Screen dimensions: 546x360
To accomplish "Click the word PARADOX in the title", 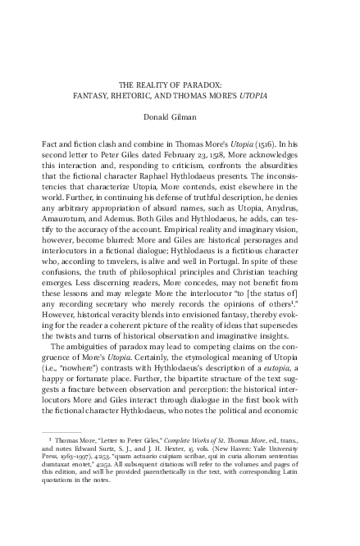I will (216, 84).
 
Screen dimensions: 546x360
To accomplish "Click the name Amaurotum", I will (62, 236).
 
